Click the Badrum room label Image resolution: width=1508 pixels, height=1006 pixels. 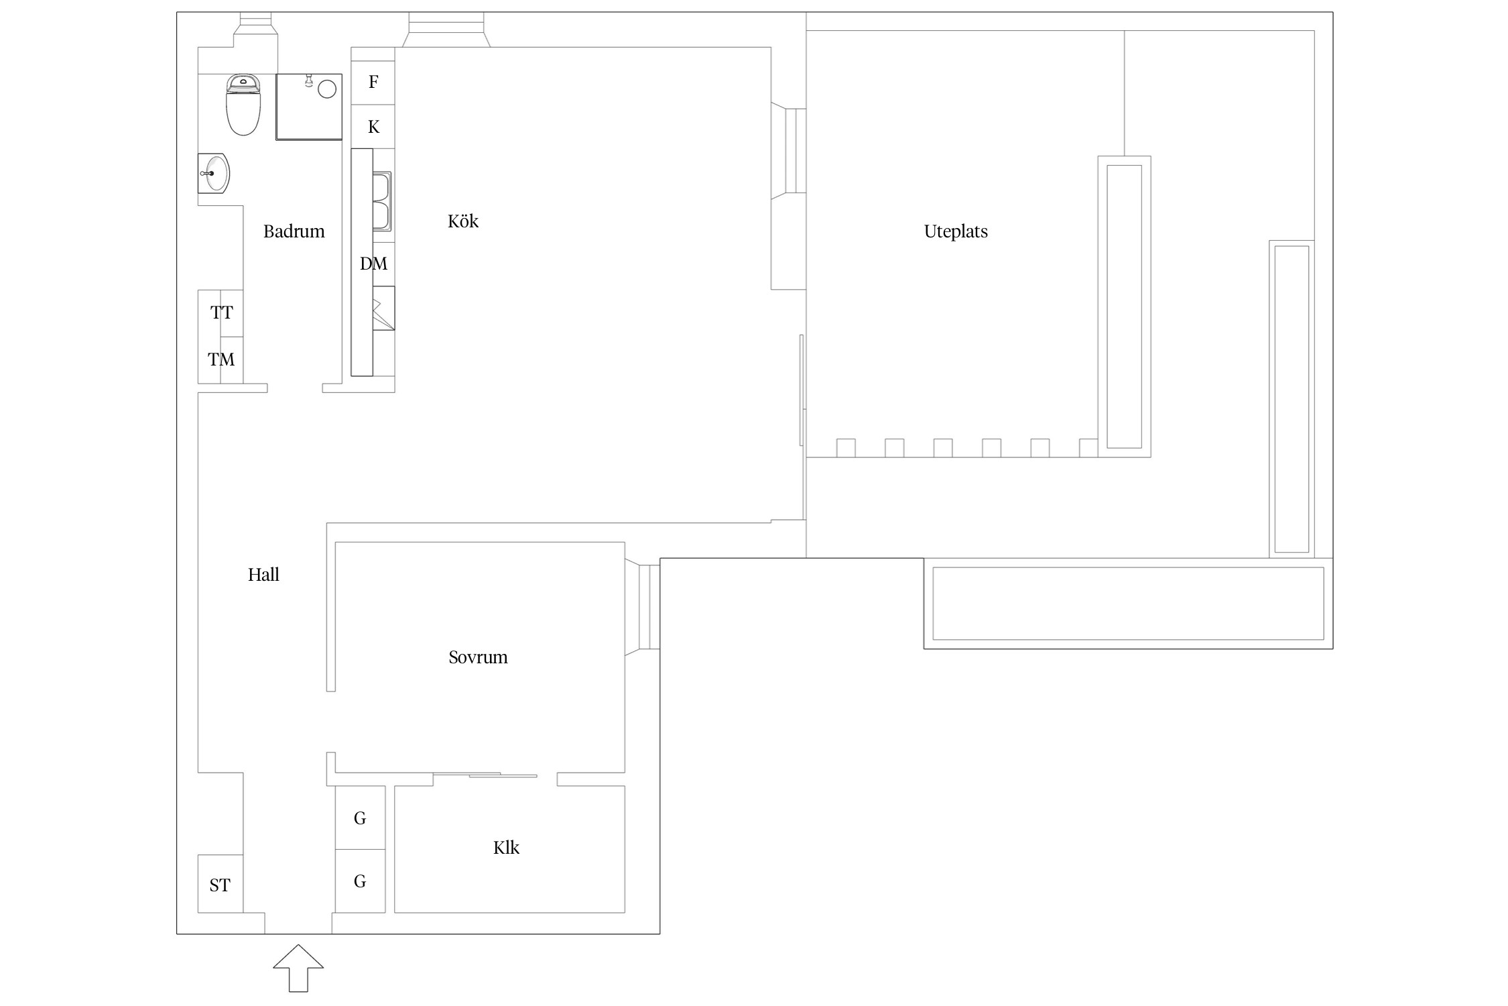point(294,231)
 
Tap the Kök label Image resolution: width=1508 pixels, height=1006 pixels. point(463,221)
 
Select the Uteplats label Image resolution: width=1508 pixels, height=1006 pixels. point(956,232)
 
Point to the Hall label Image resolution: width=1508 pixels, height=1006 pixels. point(263,575)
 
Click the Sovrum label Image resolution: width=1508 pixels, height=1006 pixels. point(478,657)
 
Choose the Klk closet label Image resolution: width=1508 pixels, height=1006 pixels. point(506,848)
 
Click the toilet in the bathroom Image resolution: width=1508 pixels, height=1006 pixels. point(243,105)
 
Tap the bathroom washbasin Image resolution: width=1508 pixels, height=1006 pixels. point(214,173)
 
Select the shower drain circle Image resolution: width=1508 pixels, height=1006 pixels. point(327,89)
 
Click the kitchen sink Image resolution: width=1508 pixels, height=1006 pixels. point(382,201)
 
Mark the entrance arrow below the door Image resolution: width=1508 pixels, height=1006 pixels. point(298,968)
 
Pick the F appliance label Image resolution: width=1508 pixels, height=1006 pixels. point(373,82)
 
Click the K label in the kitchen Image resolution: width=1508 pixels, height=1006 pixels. point(373,127)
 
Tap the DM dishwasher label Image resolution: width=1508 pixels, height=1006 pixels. point(373,264)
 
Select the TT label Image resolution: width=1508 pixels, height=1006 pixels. point(221,313)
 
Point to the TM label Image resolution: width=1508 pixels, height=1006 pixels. point(221,359)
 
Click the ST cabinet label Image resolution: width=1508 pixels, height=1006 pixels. point(219,885)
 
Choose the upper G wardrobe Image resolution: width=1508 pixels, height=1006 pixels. point(360,818)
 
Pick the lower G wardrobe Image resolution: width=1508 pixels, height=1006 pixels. point(360,881)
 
